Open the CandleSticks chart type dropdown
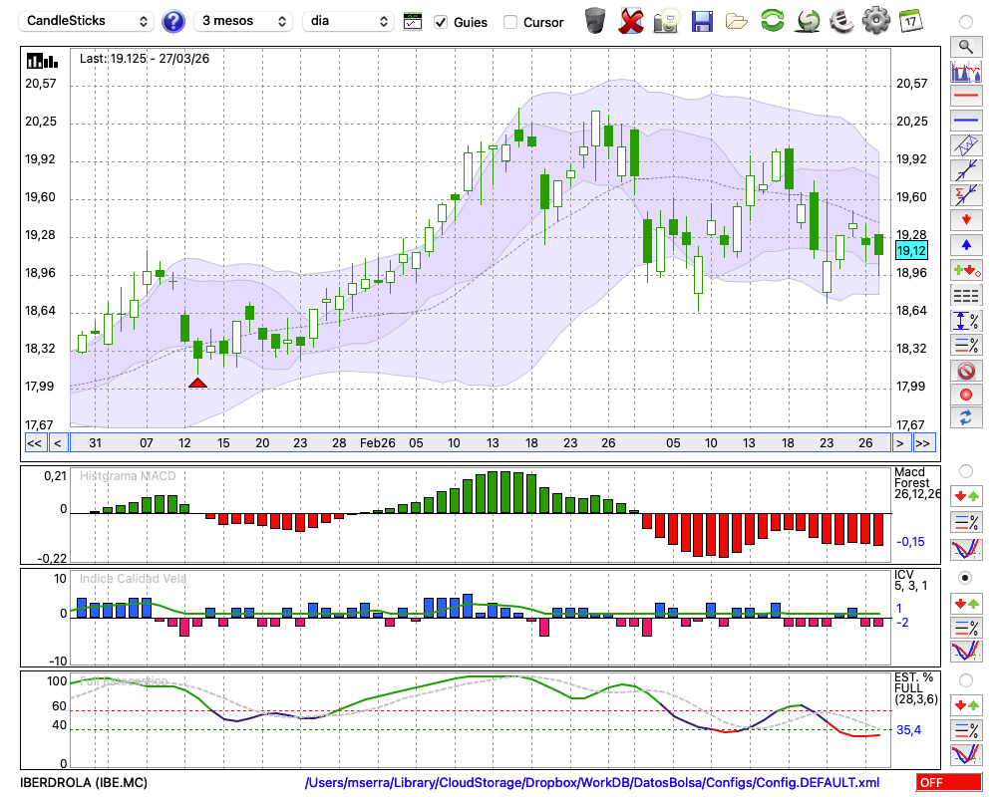(88, 21)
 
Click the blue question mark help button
(173, 21)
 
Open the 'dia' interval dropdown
(348, 21)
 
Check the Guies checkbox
(441, 22)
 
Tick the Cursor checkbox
(510, 22)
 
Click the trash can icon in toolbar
(595, 20)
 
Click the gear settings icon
(875, 20)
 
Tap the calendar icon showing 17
(909, 20)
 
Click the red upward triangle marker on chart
(197, 383)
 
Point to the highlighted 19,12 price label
(911, 251)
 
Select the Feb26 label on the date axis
(378, 442)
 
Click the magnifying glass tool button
(964, 46)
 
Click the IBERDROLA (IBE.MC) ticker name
(84, 783)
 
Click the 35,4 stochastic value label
(908, 730)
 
